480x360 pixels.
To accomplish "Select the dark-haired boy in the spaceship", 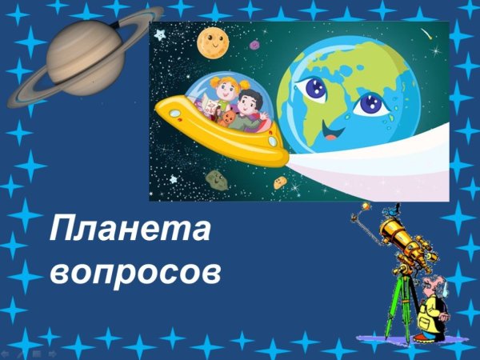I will [x=250, y=104].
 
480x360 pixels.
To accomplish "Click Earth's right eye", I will [x=370, y=103].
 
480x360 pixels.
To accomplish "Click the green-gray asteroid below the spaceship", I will [x=216, y=178].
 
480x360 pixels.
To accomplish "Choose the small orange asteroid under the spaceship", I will [x=279, y=182].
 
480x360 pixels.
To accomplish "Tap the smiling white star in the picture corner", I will [x=160, y=34].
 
